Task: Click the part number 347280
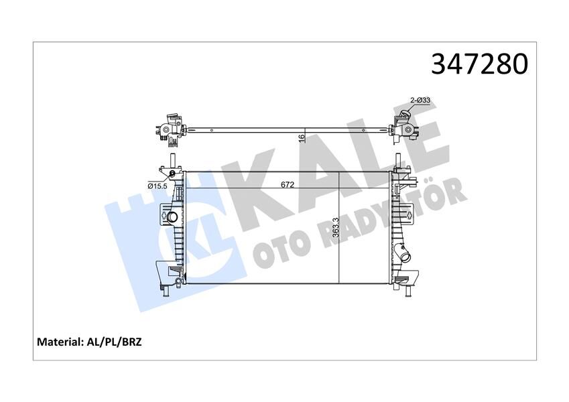[x=479, y=64]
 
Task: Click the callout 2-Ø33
[x=420, y=100]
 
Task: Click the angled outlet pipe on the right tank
[x=406, y=256]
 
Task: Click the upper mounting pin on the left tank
[x=172, y=161]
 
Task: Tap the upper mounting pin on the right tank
[x=399, y=161]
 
